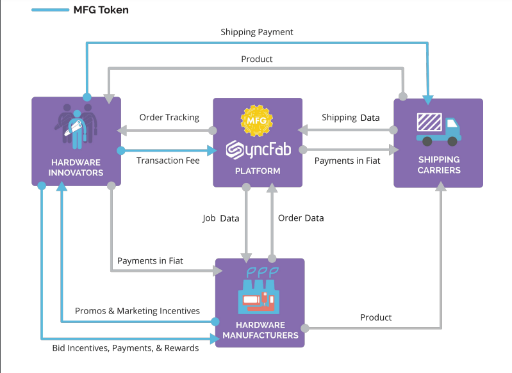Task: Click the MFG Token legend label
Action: click(101, 10)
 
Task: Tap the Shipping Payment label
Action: click(257, 31)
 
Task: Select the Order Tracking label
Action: click(169, 117)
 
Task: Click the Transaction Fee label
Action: click(168, 161)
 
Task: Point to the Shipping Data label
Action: click(351, 117)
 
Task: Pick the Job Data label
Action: click(221, 218)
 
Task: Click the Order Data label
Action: click(301, 218)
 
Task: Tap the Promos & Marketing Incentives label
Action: click(137, 311)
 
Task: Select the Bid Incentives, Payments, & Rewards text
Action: click(126, 348)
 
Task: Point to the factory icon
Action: click(260, 291)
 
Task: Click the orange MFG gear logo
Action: click(257, 119)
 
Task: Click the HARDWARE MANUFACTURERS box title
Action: click(260, 329)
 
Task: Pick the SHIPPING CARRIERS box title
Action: click(439, 164)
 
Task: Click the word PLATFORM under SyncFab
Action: click(258, 171)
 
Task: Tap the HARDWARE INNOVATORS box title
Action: click(77, 168)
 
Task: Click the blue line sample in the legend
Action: click(51, 10)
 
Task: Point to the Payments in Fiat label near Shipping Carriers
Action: click(347, 161)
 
